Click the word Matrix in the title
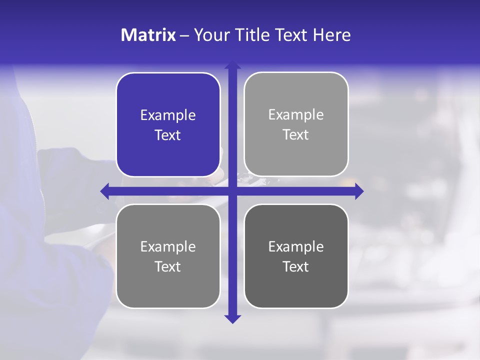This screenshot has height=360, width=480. (x=148, y=35)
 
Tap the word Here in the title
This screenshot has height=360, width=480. (x=332, y=35)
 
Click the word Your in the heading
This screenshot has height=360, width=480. (x=210, y=35)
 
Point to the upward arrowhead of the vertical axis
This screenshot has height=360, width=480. (x=232, y=65)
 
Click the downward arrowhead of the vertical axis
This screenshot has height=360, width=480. (x=232, y=318)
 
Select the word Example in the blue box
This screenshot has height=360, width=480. (x=168, y=115)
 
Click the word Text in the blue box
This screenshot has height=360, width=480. (x=168, y=135)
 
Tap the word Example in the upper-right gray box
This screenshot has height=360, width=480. (x=296, y=115)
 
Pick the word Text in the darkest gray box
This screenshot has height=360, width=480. (x=296, y=266)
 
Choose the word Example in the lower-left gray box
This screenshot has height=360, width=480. (x=168, y=247)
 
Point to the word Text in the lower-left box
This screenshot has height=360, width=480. (x=168, y=266)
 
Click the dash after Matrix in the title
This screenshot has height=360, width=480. (x=184, y=35)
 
